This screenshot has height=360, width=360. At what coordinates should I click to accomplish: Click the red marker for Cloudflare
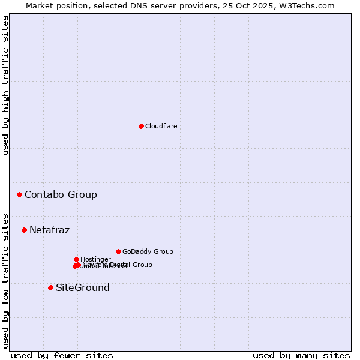[141, 126]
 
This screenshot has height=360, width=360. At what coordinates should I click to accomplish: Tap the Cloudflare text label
[161, 126]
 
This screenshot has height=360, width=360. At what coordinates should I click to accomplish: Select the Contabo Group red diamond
[20, 194]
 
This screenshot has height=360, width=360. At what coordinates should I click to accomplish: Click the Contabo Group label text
[61, 194]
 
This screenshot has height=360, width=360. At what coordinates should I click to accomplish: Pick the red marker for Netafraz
[25, 230]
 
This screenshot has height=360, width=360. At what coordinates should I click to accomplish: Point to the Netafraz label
[49, 230]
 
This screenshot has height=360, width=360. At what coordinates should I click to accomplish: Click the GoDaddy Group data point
[118, 251]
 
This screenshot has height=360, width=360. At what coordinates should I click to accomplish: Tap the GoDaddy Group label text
[148, 251]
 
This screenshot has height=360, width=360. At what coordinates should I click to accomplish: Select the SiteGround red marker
[50, 287]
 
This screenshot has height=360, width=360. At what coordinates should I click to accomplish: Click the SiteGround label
[83, 287]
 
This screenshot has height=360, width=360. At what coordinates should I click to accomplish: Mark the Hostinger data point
[76, 259]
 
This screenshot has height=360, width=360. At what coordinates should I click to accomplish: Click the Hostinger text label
[95, 259]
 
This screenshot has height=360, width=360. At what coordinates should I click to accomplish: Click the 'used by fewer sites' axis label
[62, 355]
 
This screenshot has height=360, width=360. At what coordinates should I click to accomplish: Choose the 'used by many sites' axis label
[301, 355]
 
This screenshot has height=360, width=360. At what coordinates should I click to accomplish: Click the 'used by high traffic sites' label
[5, 85]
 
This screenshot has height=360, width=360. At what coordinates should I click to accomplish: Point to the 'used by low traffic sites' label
[5, 280]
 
